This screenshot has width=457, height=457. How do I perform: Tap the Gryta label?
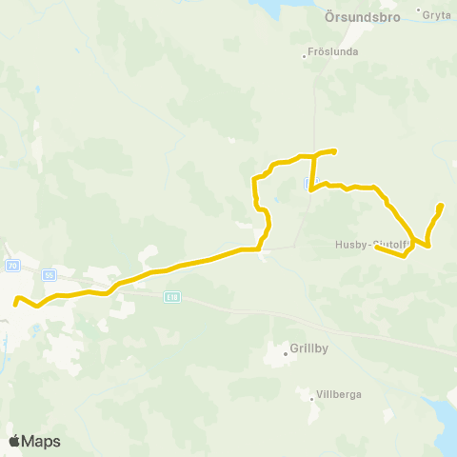click(437, 16)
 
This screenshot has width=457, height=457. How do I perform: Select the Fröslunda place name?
click(333, 52)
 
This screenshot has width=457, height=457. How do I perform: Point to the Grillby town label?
click(309, 348)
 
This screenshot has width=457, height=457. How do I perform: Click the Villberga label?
click(340, 393)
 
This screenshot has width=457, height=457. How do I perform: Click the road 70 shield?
click(12, 265)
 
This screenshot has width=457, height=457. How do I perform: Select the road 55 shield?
click(50, 274)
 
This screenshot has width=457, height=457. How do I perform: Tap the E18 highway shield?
click(171, 297)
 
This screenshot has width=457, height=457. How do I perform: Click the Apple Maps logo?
click(33, 441)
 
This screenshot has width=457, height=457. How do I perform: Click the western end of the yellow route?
click(15, 305)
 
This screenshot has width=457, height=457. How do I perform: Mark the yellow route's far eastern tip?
click(440, 206)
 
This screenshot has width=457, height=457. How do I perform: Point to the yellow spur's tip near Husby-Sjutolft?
click(377, 248)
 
